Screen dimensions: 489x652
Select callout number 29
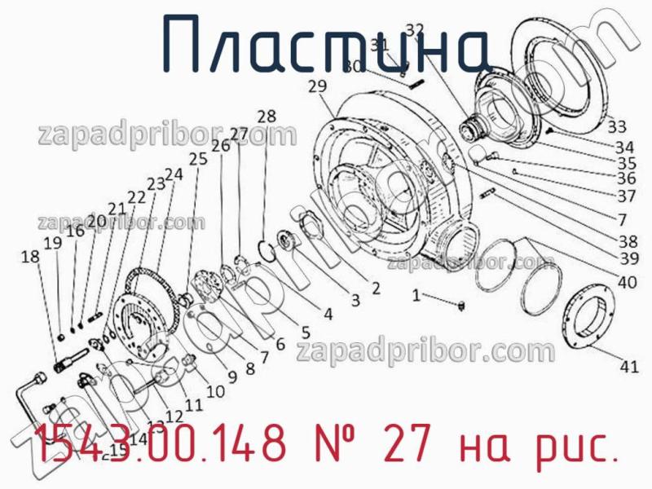(318, 86)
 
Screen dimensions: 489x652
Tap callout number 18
(30, 257)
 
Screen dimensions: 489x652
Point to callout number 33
(617, 126)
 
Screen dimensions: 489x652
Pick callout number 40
(627, 284)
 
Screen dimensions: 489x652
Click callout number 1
(416, 296)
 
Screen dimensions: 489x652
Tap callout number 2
(375, 287)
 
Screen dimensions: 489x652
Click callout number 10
(215, 391)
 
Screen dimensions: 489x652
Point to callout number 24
(174, 174)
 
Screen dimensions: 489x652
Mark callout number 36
(626, 178)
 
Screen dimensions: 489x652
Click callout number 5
(305, 332)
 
